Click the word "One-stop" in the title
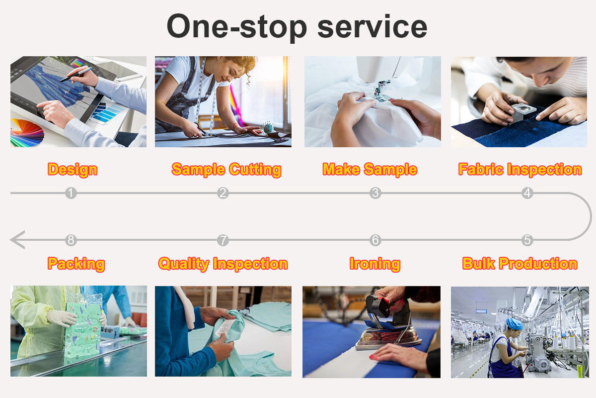click(x=237, y=28)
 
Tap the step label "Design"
click(x=73, y=170)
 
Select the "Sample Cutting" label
click(x=226, y=170)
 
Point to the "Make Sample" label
click(x=370, y=169)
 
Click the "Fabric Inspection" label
click(x=520, y=169)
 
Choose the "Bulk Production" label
click(x=520, y=263)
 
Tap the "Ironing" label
click(x=375, y=264)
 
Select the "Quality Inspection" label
click(x=223, y=264)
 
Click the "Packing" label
click(x=76, y=264)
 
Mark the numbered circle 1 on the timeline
click(x=71, y=193)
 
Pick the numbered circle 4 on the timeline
click(x=527, y=193)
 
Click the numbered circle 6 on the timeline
click(x=375, y=240)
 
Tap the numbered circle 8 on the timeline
click(x=71, y=240)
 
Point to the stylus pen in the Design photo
click(x=75, y=74)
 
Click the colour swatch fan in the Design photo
click(x=27, y=133)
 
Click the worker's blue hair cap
click(x=515, y=323)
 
